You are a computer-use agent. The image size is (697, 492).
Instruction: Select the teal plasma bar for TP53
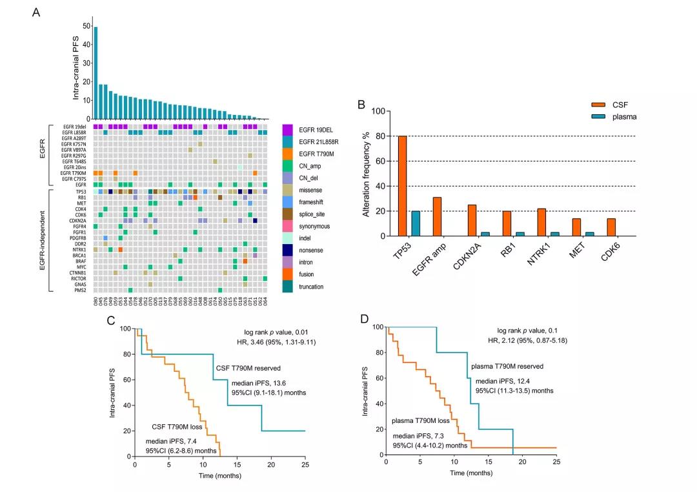click(416, 223)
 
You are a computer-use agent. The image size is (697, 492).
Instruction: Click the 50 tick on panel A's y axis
click(86, 26)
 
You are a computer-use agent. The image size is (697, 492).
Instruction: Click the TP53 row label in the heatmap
click(81, 192)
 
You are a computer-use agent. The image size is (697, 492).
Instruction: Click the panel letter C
click(111, 320)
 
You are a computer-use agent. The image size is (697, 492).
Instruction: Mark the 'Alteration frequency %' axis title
click(366, 174)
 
